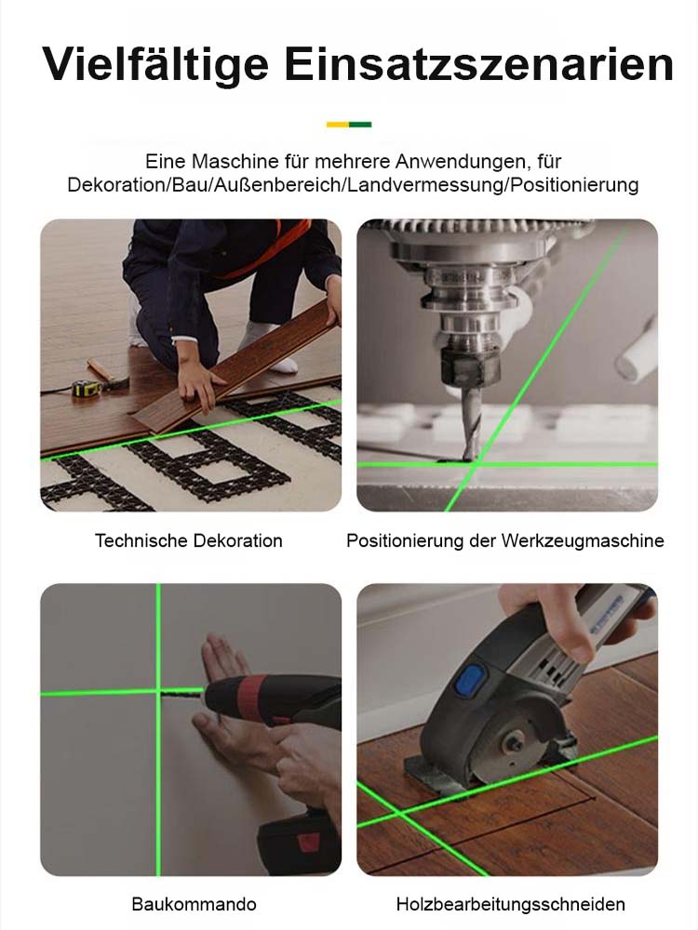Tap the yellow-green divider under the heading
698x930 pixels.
[x=349, y=124]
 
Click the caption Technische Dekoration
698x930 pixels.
[x=189, y=540]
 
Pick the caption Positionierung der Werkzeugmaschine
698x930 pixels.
[x=505, y=540]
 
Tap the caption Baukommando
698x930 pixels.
[x=194, y=904]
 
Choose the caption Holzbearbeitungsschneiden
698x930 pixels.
[x=510, y=904]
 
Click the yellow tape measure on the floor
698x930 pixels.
[x=87, y=388]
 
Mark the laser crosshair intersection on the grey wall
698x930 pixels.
[x=158, y=691]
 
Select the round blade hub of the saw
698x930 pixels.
[x=515, y=744]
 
